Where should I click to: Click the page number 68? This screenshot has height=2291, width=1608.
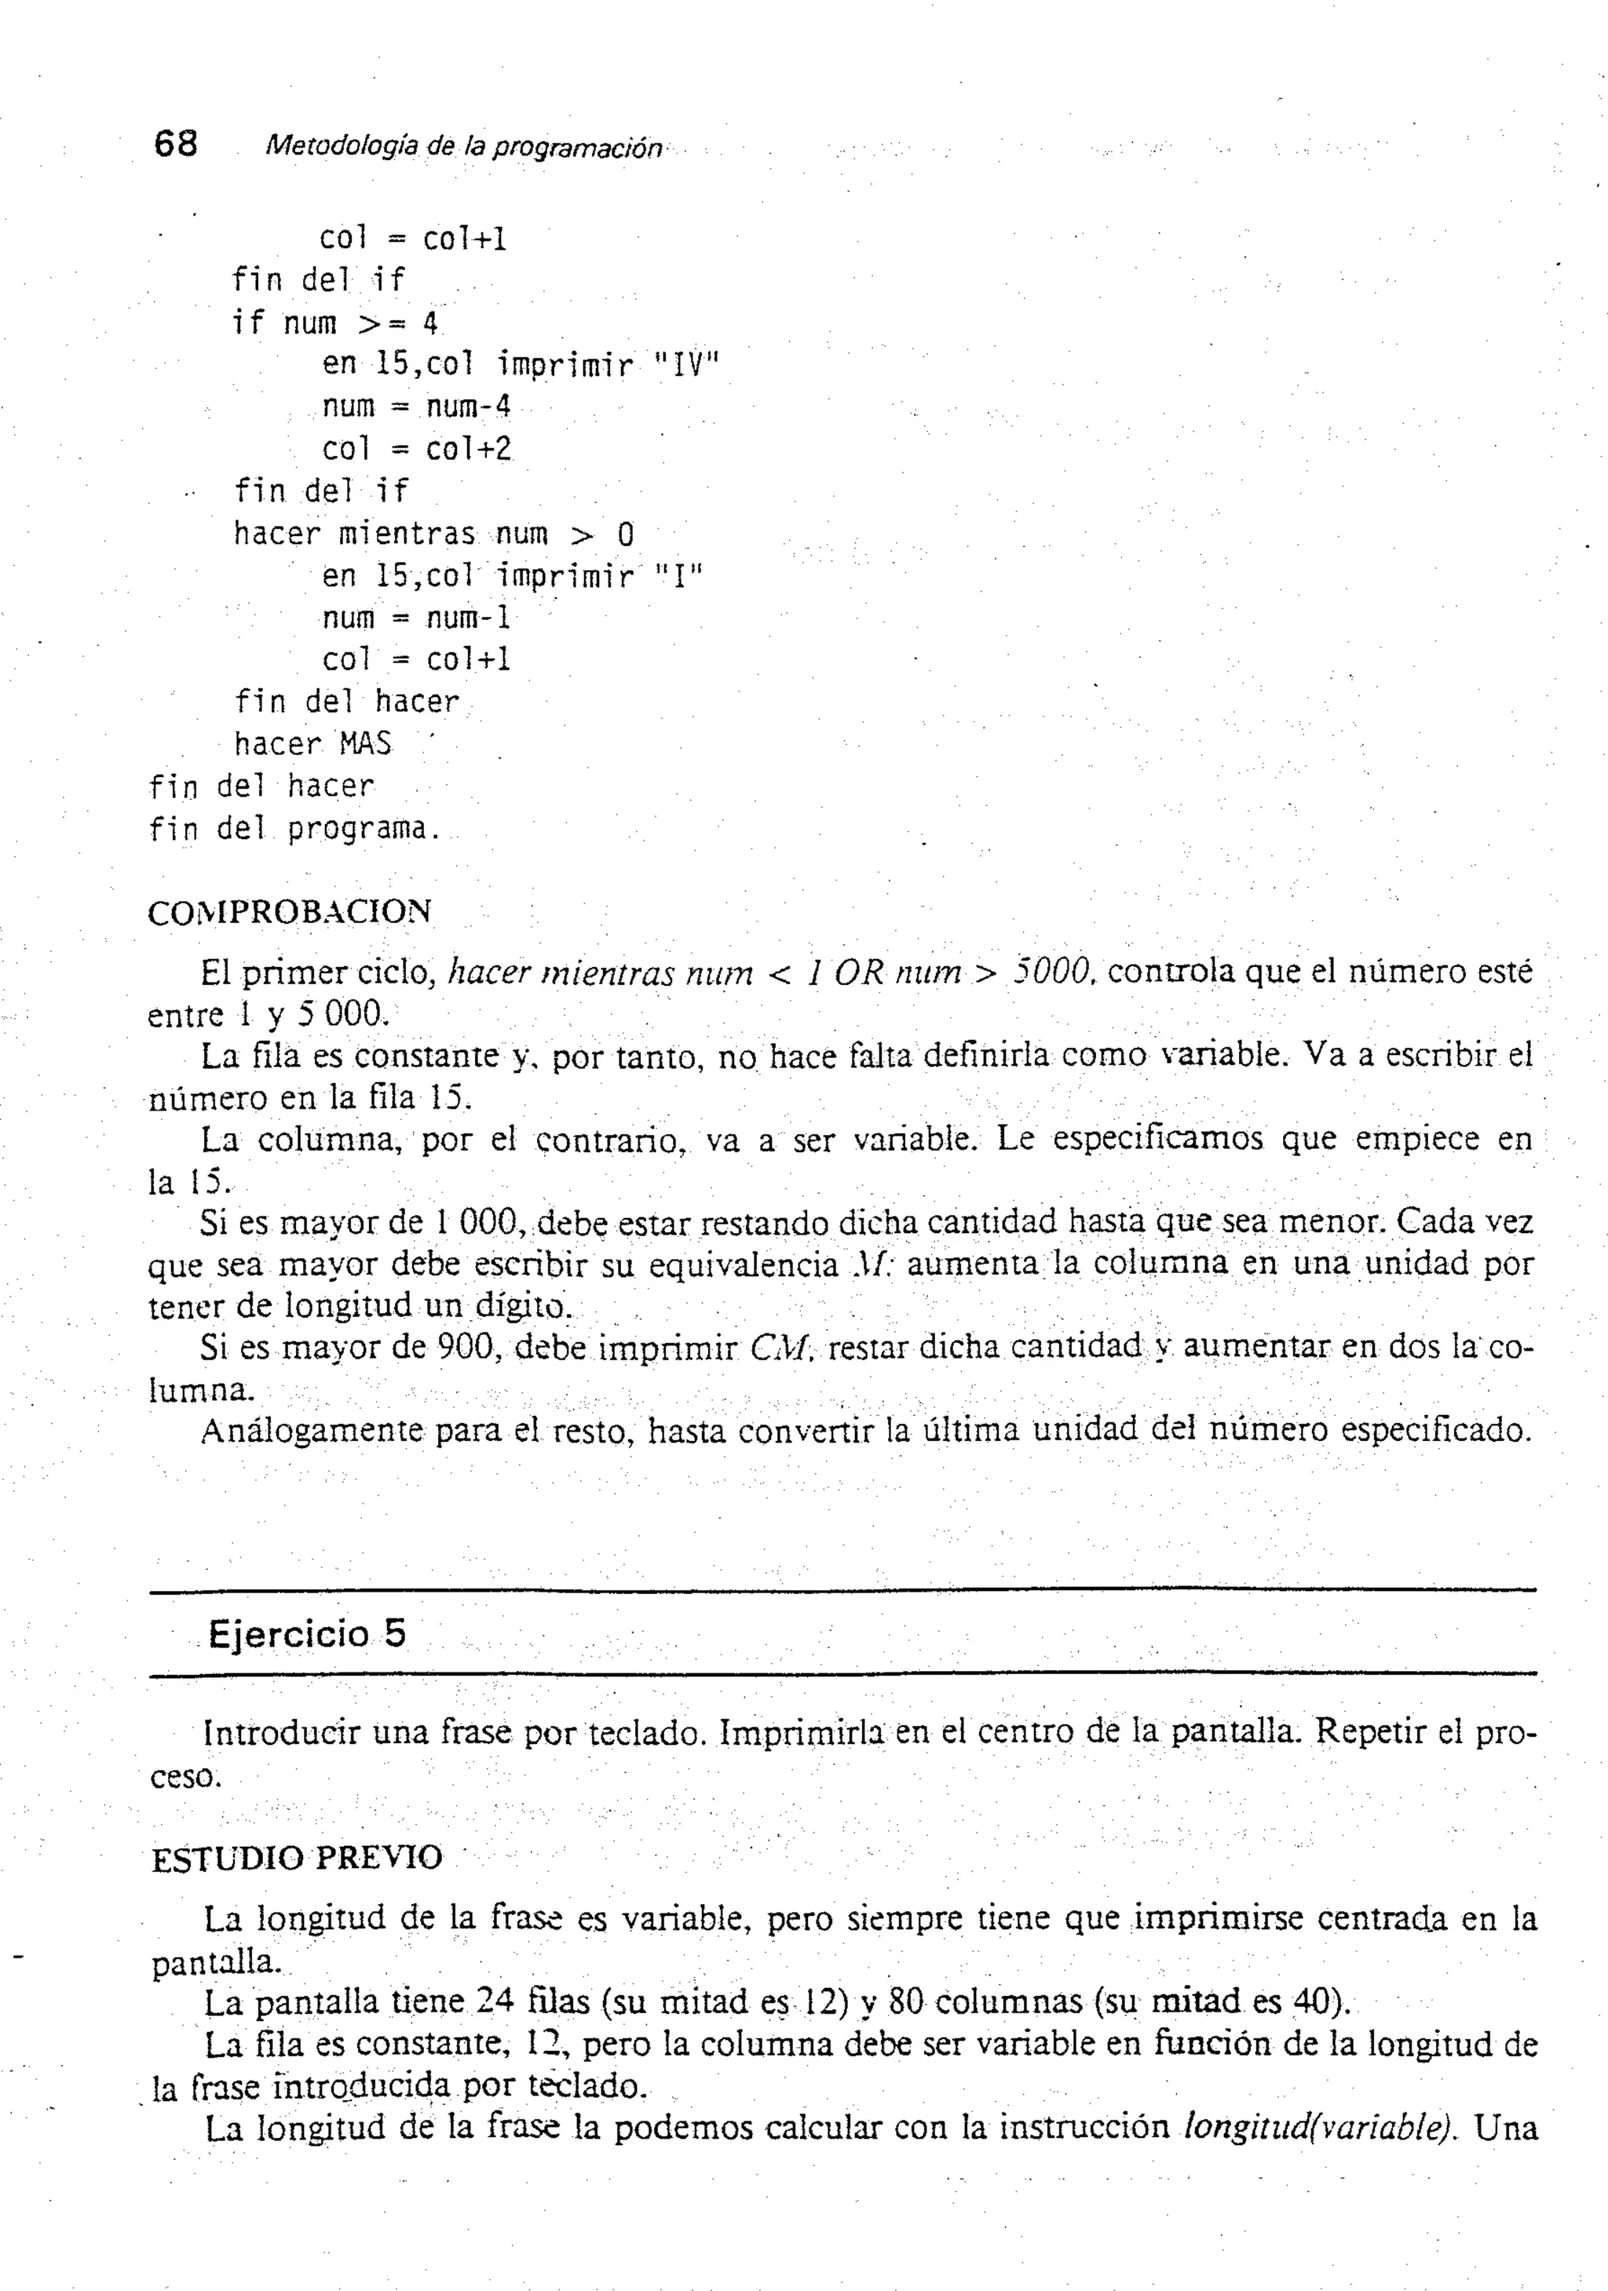[x=176, y=144]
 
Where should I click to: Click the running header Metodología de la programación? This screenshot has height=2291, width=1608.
[x=462, y=148]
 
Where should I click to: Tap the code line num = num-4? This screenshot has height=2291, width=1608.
[x=416, y=407]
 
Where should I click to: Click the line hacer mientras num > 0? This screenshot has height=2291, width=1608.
[x=433, y=534]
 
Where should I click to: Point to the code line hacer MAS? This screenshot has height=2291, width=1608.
[x=312, y=744]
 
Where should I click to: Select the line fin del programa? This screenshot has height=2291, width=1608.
[x=294, y=829]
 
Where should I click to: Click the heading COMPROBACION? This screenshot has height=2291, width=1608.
[x=290, y=912]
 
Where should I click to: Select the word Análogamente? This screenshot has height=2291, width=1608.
[x=312, y=1431]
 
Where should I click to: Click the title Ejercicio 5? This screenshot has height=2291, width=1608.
[x=308, y=1633]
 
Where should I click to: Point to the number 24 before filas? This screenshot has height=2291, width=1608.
[x=494, y=2001]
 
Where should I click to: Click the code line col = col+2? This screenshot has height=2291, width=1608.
[x=416, y=450]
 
